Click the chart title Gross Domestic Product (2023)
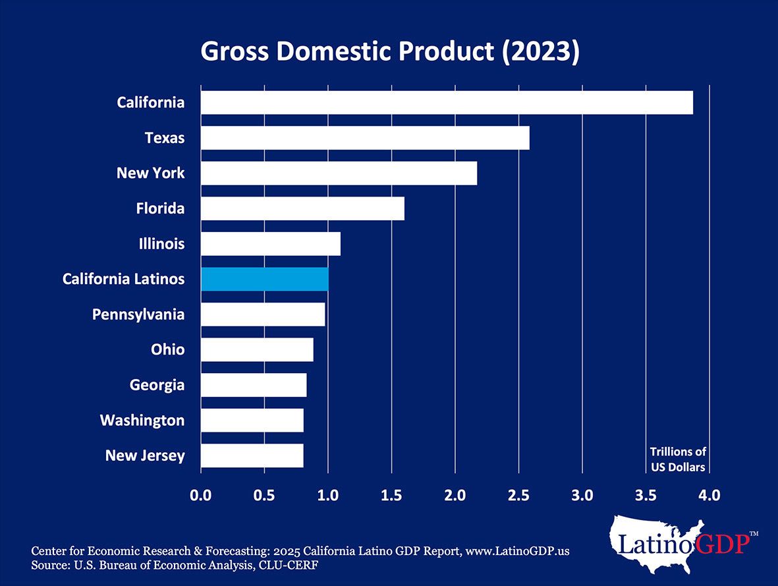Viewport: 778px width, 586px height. (389, 51)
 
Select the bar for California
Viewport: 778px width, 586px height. (447, 103)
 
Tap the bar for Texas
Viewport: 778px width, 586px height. (365, 138)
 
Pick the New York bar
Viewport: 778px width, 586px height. (339, 173)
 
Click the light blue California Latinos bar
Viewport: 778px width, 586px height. (265, 279)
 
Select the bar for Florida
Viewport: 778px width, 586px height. (302, 208)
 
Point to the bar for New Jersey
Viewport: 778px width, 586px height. (252, 455)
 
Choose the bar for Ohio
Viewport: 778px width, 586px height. (257, 349)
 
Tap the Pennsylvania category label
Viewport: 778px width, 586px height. (138, 314)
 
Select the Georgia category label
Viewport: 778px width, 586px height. (157, 385)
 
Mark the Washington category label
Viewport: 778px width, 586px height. (142, 420)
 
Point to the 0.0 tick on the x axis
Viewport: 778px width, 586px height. (200, 495)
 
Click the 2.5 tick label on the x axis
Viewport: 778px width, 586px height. (518, 495)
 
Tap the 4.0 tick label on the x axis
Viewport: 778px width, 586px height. (709, 495)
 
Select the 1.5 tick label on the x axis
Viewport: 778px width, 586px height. (391, 495)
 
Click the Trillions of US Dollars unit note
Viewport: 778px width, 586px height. (678, 459)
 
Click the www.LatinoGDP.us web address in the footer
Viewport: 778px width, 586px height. (516, 552)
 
